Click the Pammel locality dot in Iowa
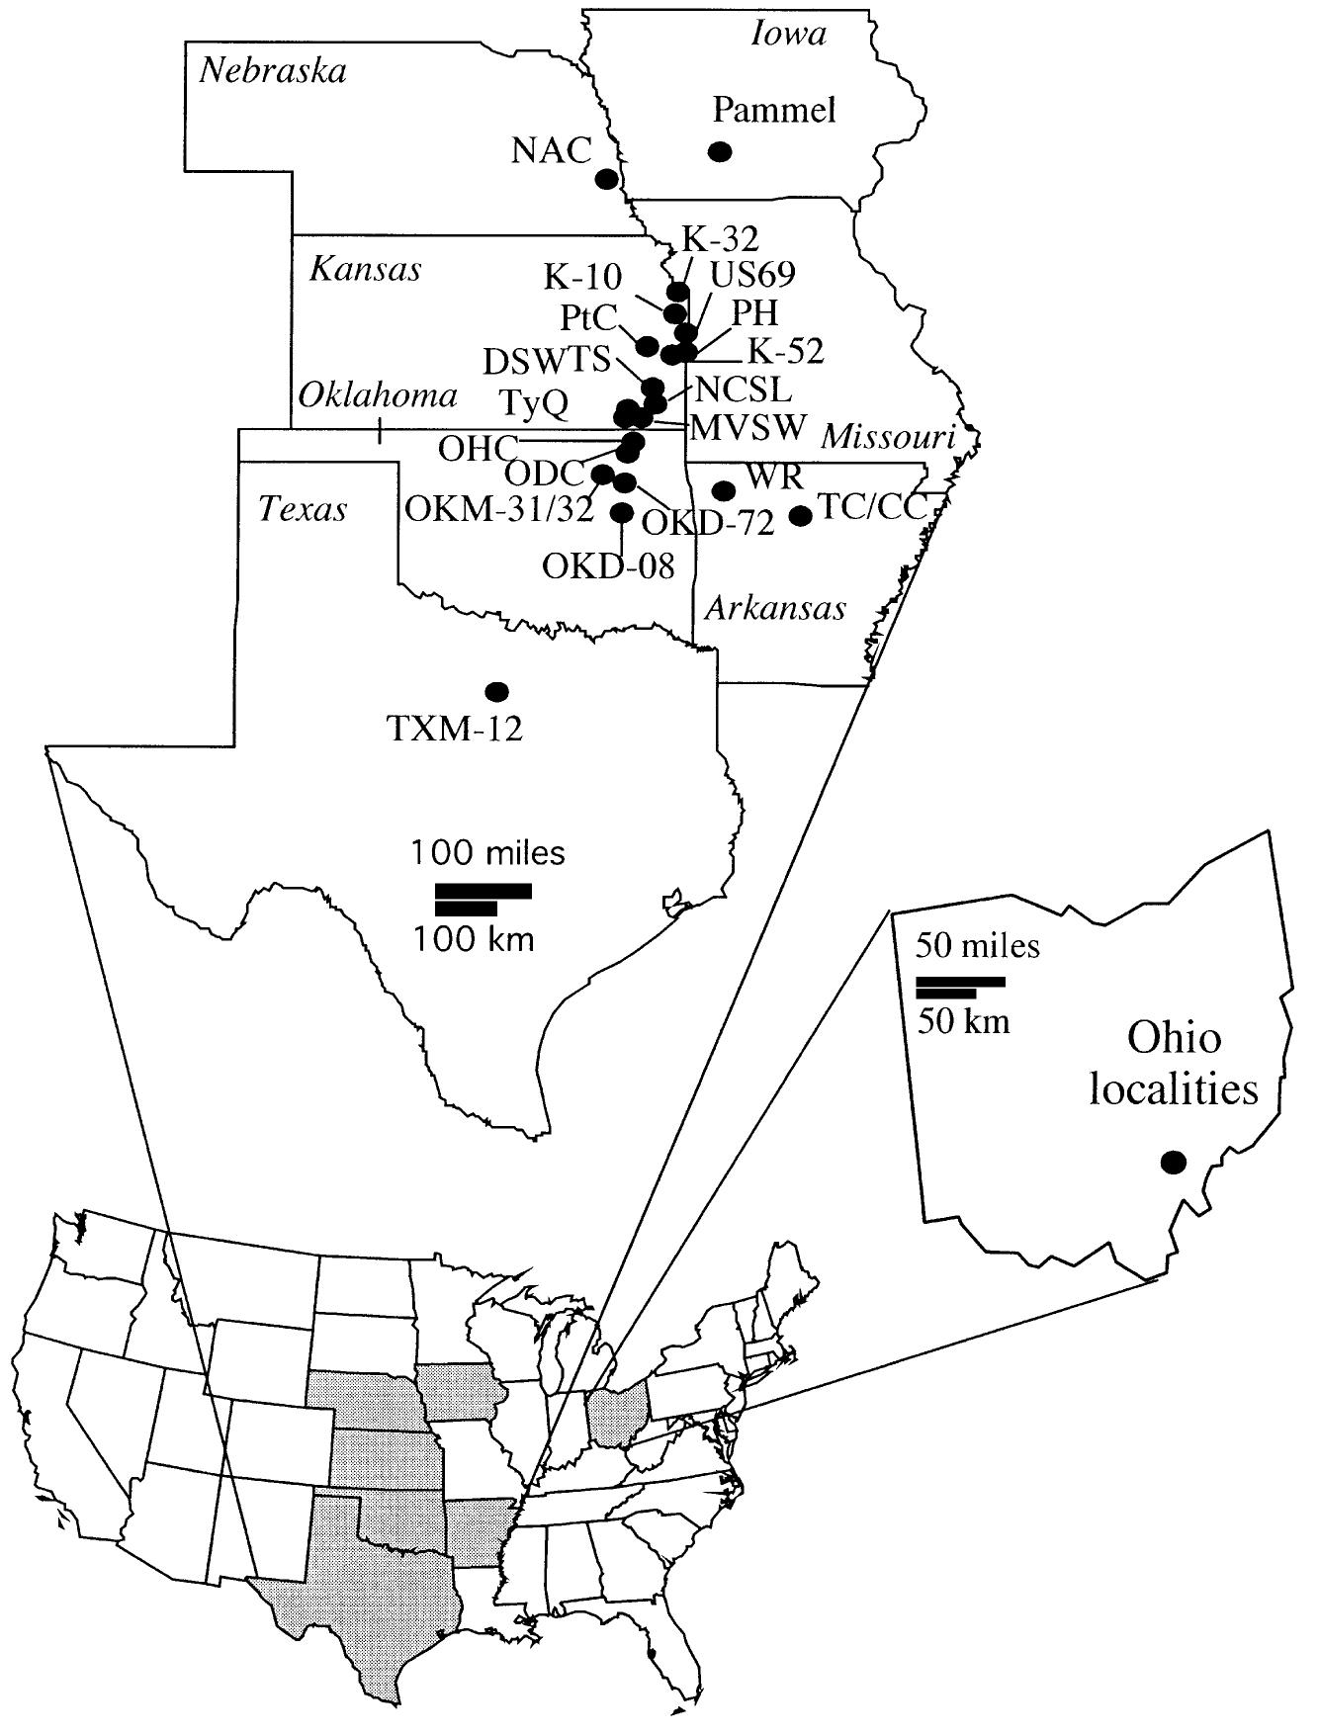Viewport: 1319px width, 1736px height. click(721, 151)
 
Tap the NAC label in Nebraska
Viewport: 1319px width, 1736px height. click(551, 150)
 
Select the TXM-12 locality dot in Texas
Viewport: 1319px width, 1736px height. click(497, 690)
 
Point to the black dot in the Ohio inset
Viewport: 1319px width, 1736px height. click(1173, 1163)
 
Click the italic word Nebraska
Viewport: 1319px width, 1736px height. click(273, 71)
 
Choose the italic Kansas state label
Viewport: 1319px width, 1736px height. click(366, 269)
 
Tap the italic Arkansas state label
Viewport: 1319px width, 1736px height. click(775, 607)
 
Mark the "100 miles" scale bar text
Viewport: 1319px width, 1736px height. click(488, 852)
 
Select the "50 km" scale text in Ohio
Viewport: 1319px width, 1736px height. click(963, 1020)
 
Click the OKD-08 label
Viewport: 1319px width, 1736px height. click(609, 566)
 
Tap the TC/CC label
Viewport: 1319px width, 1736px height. click(873, 507)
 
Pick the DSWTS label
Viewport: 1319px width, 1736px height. click(547, 360)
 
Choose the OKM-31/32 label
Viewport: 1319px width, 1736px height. click(499, 510)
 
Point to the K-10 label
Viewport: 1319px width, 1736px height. click(583, 278)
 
